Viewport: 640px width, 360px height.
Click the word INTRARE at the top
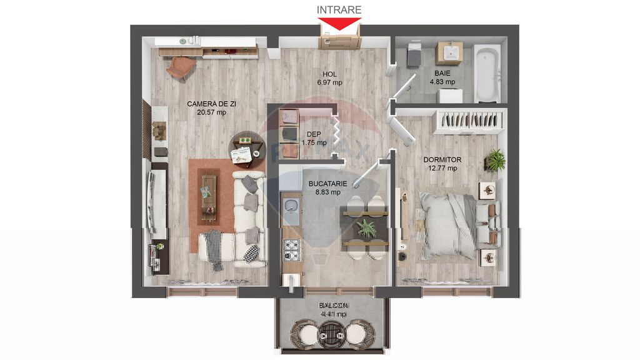click(339, 9)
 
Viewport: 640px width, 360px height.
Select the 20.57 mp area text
click(211, 112)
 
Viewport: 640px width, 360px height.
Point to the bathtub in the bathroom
click(486, 73)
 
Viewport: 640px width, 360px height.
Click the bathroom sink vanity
click(449, 54)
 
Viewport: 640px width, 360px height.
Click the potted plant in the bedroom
click(495, 159)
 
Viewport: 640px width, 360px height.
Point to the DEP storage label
click(314, 134)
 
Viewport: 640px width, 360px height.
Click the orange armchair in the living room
click(181, 67)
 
